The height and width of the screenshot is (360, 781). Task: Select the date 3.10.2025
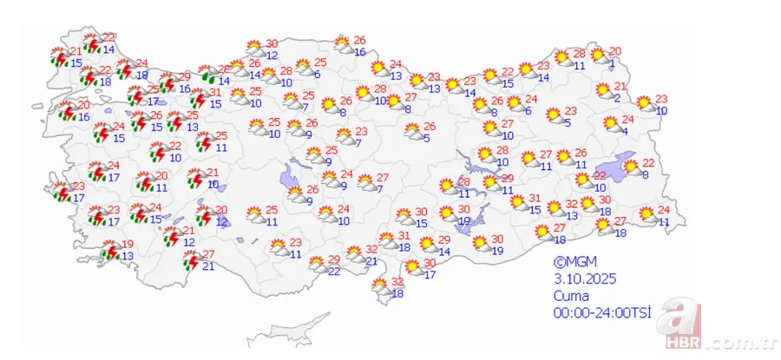pos(582,278)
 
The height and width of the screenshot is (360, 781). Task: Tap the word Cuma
pos(572,295)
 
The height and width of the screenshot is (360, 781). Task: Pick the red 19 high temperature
pos(128,244)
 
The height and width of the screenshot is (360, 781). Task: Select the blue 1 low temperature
pos(612,62)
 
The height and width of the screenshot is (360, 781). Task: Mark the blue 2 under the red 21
pos(616,98)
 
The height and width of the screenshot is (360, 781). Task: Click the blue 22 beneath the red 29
pos(334,272)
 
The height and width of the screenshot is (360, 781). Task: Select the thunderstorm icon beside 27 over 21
pos(185,259)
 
